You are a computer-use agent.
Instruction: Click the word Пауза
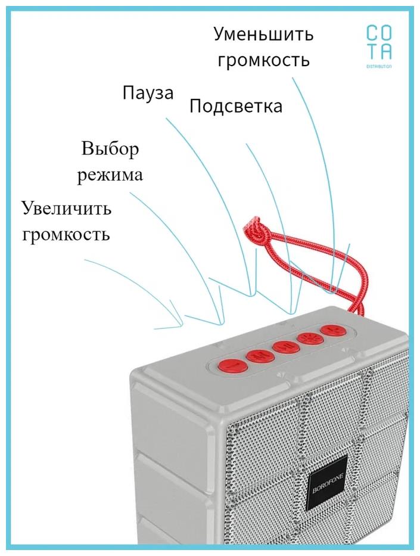tap(148, 93)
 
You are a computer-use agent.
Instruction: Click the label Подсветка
tap(236, 107)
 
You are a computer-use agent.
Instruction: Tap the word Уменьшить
tap(263, 34)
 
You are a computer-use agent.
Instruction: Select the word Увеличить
tap(66, 209)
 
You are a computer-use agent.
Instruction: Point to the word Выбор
tap(110, 148)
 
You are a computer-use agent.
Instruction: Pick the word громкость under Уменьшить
tap(264, 61)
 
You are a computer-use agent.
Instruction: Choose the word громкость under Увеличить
tap(66, 234)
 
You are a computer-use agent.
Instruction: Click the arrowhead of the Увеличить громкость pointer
tap(179, 325)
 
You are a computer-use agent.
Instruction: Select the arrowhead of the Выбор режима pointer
tap(220, 322)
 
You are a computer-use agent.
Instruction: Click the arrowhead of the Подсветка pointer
tap(292, 310)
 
